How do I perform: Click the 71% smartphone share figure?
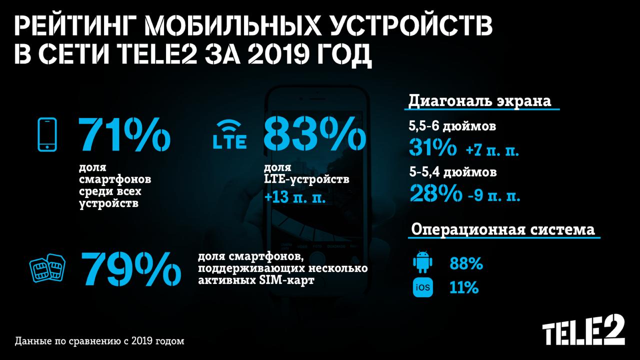[x=123, y=134]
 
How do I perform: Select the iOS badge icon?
[x=422, y=288]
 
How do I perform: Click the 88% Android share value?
[x=466, y=264]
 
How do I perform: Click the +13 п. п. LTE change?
[x=295, y=196]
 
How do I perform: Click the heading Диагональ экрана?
[x=480, y=101]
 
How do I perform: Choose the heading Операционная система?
[x=503, y=230]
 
